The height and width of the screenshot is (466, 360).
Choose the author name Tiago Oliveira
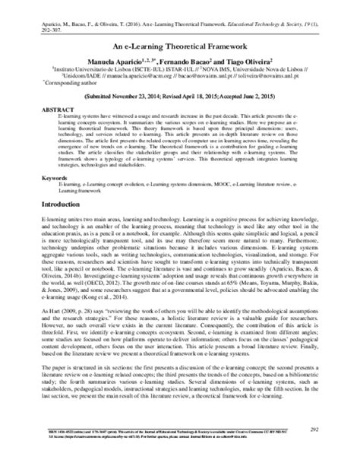(270, 60)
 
